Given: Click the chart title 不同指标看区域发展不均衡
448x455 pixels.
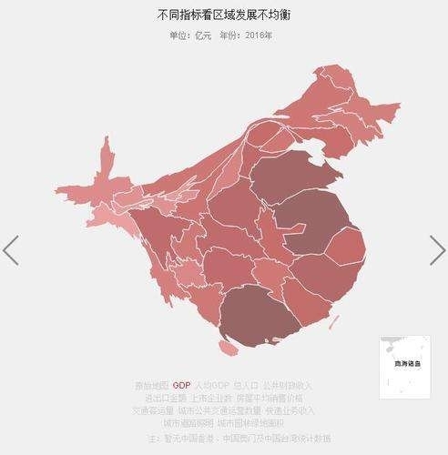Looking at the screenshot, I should click(x=224, y=16).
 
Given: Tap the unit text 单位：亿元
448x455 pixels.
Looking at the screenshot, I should click(x=190, y=35).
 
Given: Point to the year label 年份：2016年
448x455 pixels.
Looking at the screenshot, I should click(x=246, y=35).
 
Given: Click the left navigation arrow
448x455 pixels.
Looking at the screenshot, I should click(x=11, y=249).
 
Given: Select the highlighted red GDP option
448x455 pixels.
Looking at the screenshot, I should click(x=181, y=385).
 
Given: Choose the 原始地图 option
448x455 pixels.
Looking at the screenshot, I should click(x=151, y=385).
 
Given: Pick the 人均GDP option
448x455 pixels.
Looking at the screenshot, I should click(x=212, y=385).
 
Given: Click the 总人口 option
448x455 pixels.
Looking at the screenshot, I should click(x=247, y=385).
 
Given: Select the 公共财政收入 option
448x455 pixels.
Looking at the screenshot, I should click(x=290, y=385).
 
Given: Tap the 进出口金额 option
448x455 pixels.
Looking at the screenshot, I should click(x=164, y=398).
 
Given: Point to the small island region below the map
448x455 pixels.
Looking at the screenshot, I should click(x=228, y=348).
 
